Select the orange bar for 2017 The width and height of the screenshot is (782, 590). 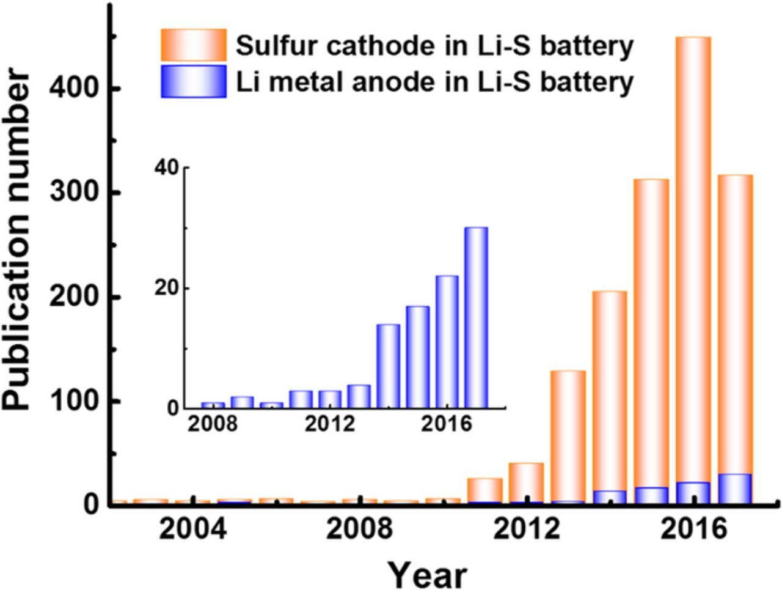(x=734, y=318)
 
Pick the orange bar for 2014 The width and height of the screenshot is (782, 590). (x=610, y=385)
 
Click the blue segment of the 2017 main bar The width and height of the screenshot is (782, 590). (x=734, y=489)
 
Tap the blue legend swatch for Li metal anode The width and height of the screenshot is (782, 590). (x=194, y=81)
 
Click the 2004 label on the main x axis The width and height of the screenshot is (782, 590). (x=192, y=529)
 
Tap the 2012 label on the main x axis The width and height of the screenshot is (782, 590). (x=527, y=529)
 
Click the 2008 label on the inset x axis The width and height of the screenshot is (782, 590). (x=212, y=424)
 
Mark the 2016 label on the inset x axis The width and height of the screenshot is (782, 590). (x=447, y=424)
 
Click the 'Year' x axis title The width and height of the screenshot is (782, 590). (x=428, y=575)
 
